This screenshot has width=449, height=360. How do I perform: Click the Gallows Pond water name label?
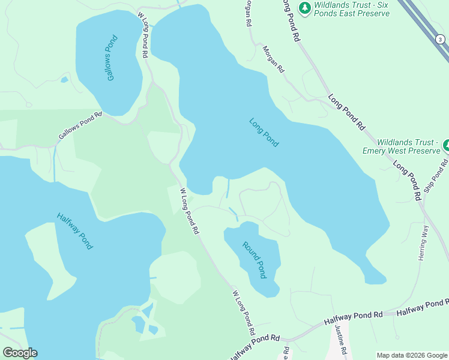[x=112, y=59]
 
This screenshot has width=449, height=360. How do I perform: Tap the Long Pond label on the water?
[x=264, y=132]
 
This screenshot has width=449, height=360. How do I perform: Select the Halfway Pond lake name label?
[x=75, y=231]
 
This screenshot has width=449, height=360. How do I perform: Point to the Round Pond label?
[x=254, y=259]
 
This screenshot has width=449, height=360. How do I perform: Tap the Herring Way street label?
[x=425, y=242]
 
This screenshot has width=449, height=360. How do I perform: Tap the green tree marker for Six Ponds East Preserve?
[x=306, y=8]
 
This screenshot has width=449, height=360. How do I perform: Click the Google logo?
[x=20, y=353]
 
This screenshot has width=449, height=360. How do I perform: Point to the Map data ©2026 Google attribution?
[x=412, y=355]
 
